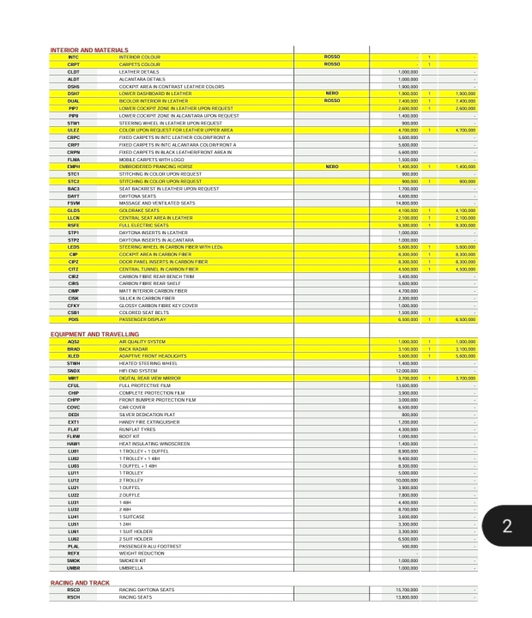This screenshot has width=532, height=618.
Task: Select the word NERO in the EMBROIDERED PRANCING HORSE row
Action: pyautogui.click(x=334, y=168)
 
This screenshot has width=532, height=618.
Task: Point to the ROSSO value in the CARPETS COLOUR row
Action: pyautogui.click(x=334, y=63)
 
